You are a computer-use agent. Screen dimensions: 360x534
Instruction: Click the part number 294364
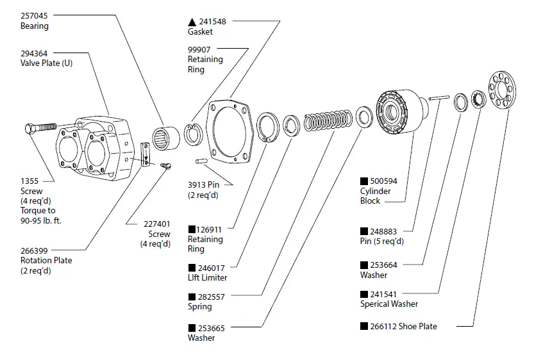tap(35, 53)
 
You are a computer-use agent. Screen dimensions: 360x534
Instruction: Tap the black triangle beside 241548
tap(192, 21)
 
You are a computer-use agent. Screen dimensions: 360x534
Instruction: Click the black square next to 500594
tap(363, 181)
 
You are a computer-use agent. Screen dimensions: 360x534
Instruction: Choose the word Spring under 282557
tap(200, 307)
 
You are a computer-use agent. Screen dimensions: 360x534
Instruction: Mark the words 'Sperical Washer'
tap(388, 304)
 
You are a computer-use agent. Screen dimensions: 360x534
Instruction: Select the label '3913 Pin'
tap(204, 185)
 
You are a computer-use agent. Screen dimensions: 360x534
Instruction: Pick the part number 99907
tap(200, 49)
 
